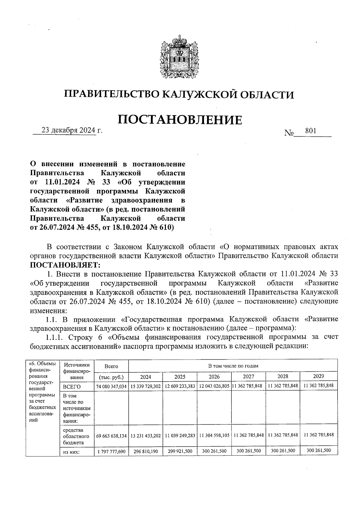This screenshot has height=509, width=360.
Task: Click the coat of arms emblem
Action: (x=180, y=57)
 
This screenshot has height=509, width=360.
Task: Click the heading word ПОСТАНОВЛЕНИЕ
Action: (x=180, y=120)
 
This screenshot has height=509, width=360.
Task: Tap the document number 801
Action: (x=310, y=131)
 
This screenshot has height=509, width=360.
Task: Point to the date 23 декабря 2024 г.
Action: (x=72, y=131)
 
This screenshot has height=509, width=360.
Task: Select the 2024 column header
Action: (x=145, y=377)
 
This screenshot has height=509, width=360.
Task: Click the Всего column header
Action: (x=111, y=366)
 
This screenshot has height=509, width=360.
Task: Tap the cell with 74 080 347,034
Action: (x=111, y=386)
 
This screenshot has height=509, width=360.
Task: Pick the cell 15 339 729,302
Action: (x=145, y=386)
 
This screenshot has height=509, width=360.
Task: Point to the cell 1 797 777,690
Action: (x=111, y=451)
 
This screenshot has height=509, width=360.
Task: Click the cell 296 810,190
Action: (x=145, y=451)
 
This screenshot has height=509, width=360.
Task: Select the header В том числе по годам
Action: (x=233, y=366)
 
